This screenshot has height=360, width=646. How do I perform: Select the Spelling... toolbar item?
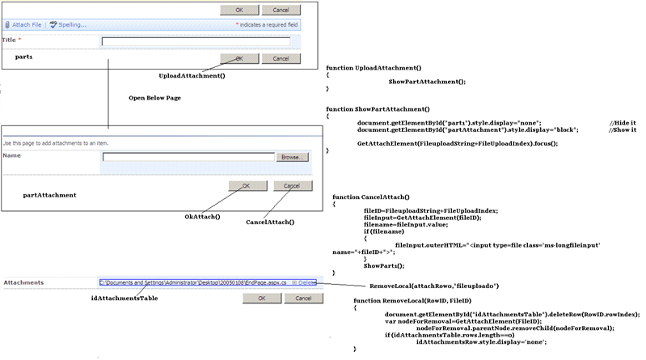coord(69,25)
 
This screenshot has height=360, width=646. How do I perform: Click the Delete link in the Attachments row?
coord(308,282)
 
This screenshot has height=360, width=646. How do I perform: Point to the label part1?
coord(23,57)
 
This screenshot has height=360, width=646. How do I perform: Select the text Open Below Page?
coord(155,97)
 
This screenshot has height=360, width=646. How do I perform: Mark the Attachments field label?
coord(23,282)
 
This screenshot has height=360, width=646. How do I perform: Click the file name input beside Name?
coord(188,157)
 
